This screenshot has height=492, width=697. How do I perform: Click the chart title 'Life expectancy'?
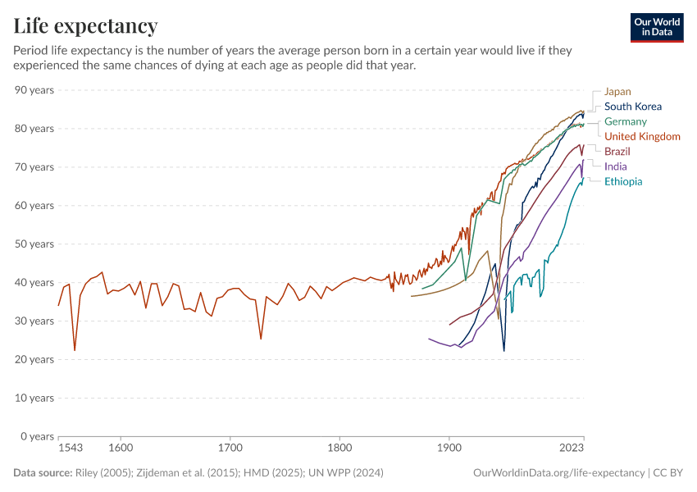coord(85,25)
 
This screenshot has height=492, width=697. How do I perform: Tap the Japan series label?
coord(617,92)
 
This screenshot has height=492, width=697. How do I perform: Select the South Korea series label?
coord(632,107)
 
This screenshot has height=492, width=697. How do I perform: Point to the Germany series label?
coord(625,121)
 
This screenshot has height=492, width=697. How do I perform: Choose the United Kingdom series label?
coord(642,136)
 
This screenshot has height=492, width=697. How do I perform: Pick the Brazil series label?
coord(617,152)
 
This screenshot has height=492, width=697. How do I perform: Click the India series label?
coord(615,166)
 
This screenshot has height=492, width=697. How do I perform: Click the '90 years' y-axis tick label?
coord(34,89)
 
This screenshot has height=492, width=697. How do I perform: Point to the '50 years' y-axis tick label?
coord(34,244)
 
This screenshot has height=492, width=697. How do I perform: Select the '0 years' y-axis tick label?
coord(37,436)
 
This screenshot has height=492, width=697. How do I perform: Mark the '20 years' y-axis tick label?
coord(34,359)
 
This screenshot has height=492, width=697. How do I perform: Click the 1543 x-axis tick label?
coord(71,449)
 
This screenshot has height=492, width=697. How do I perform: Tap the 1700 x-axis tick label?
coord(230,449)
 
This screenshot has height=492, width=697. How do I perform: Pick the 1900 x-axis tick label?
coord(449,449)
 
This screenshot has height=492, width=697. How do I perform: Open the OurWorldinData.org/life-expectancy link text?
coord(559,473)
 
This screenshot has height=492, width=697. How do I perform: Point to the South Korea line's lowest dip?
coord(504,351)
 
